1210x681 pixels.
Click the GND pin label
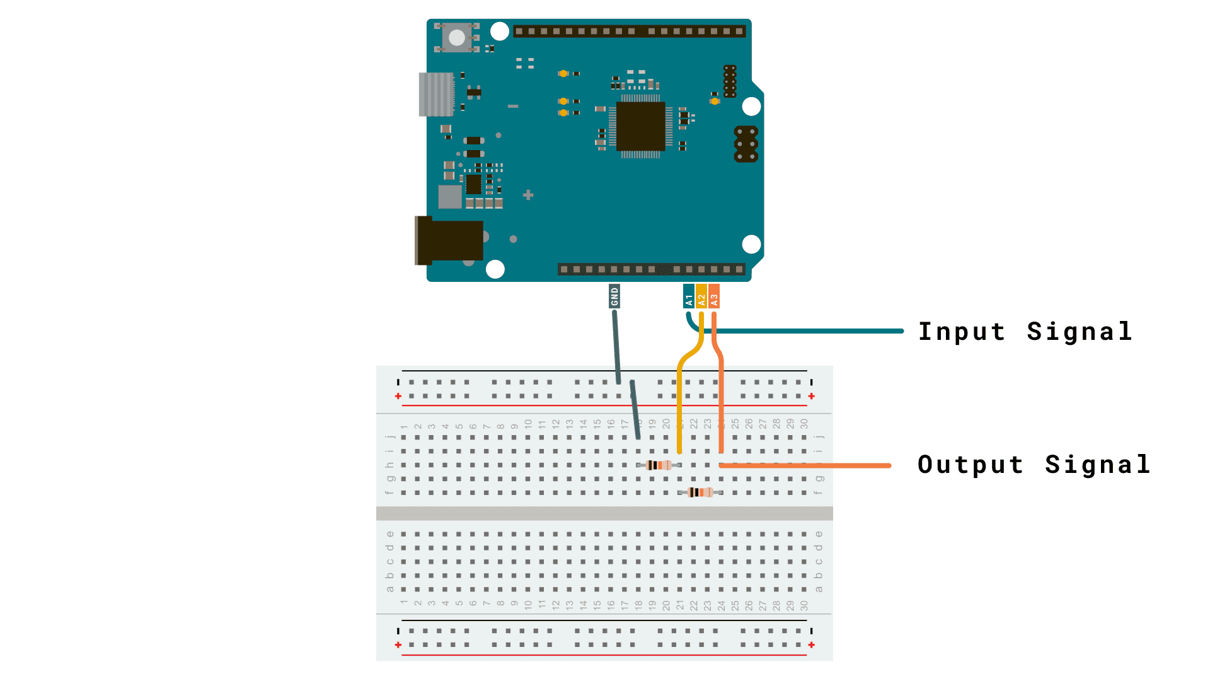click(x=614, y=296)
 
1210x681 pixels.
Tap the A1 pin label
click(x=689, y=296)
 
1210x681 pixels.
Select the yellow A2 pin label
click(x=701, y=296)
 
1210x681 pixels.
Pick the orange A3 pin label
click(x=714, y=296)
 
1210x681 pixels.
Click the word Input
click(x=961, y=332)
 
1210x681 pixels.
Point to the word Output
click(x=970, y=465)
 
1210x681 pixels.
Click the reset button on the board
click(x=457, y=37)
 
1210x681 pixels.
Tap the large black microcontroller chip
click(x=640, y=126)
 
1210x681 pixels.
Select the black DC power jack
click(x=449, y=240)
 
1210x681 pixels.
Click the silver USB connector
click(x=436, y=95)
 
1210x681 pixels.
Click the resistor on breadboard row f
click(x=700, y=492)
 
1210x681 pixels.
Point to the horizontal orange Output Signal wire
click(x=819, y=465)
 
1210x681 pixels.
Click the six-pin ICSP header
click(x=746, y=144)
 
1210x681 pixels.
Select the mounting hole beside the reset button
click(x=500, y=31)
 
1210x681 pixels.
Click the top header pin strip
click(x=629, y=31)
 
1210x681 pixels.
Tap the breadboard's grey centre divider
click(x=604, y=513)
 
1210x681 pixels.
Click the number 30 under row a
click(x=804, y=605)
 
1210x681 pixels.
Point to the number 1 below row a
click(x=404, y=603)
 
